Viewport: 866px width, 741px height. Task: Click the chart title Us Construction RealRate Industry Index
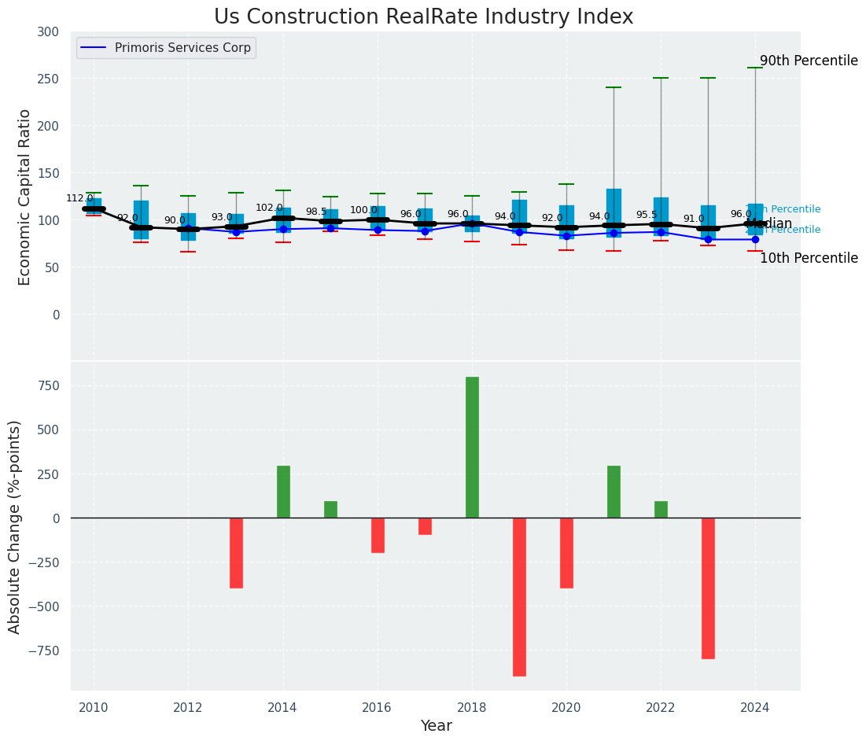click(x=423, y=17)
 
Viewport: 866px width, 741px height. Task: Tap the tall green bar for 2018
click(x=472, y=447)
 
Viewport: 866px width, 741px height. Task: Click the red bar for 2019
click(x=519, y=596)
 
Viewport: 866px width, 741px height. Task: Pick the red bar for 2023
click(x=708, y=588)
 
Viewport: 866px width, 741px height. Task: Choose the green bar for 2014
click(x=283, y=492)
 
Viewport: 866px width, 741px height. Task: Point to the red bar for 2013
click(x=236, y=552)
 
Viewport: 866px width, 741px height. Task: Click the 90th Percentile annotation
click(x=808, y=61)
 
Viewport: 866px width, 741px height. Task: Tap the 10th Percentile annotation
click(x=808, y=258)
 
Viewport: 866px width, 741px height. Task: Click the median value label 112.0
click(x=79, y=198)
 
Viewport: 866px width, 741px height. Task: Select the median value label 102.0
click(x=269, y=208)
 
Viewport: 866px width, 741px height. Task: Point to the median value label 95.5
click(x=646, y=215)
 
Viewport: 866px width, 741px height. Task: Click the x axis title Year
click(x=436, y=726)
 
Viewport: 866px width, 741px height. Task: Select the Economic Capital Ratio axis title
click(x=25, y=197)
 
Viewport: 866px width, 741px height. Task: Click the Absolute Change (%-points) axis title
click(x=15, y=526)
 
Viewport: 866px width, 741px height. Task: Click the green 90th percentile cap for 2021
click(x=614, y=87)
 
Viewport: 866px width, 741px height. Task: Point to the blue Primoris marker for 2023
click(x=708, y=239)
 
